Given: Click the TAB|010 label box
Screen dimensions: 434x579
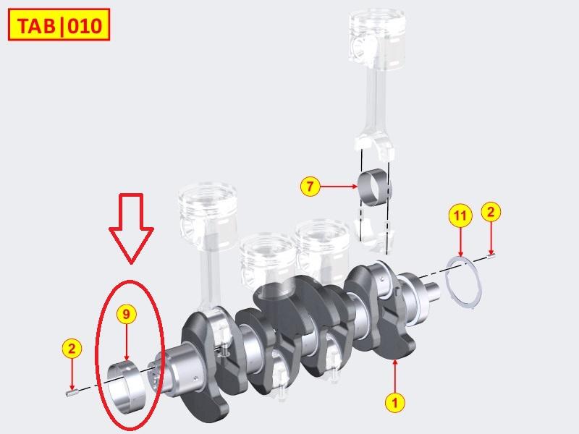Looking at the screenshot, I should (x=58, y=27).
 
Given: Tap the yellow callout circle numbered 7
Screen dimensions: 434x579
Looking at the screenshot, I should (x=310, y=187).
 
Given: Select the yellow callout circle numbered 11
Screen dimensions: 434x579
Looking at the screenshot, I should (x=461, y=215).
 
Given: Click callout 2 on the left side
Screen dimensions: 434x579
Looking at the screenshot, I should (x=70, y=349).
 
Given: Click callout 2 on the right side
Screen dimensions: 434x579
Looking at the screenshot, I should (x=491, y=212).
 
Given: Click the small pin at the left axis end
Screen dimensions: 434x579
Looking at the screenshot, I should (x=71, y=393).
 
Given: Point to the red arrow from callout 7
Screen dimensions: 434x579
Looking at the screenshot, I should (x=339, y=187).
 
